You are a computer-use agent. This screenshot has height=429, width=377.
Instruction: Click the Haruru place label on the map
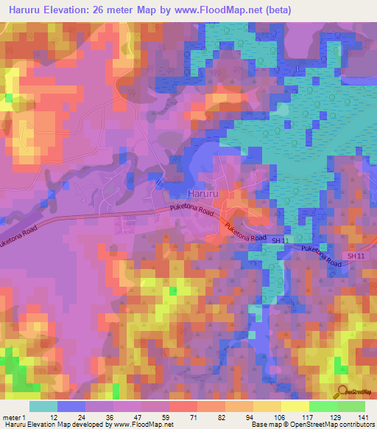pos(204,193)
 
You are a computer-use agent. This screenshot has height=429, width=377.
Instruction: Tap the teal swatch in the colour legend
pos(43,406)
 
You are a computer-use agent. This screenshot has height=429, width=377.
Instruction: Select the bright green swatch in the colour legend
pos(323,406)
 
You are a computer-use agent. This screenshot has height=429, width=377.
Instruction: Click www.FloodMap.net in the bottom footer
pos(143,425)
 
